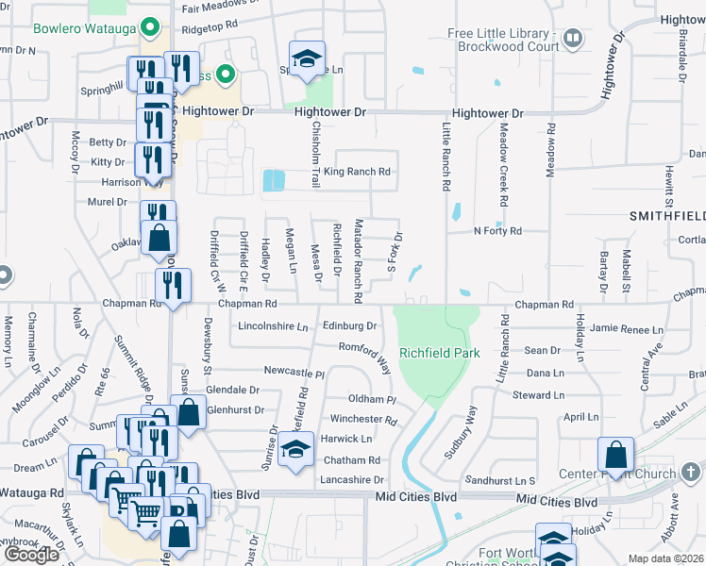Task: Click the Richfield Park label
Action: coord(439,353)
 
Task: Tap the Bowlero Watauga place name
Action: coord(85,27)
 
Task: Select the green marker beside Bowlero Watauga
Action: coord(149,27)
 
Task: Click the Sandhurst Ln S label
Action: coord(505,481)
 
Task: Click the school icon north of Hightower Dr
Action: coord(307,58)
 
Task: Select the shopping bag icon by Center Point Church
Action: coord(615,454)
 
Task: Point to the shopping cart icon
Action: coord(146,512)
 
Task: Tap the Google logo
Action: coord(31,554)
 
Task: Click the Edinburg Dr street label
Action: coord(349,326)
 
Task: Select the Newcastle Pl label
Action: coord(294,372)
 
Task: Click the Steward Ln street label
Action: coord(538,395)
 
